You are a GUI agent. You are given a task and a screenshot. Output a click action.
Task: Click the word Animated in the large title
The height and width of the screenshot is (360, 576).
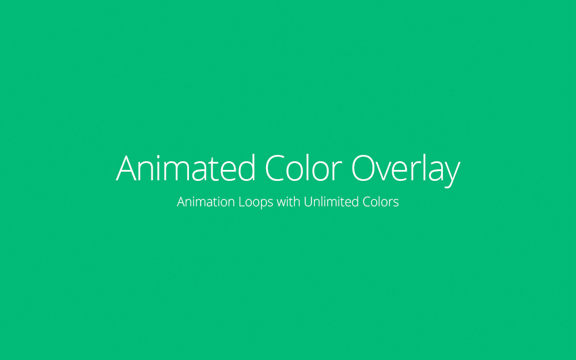[185, 168]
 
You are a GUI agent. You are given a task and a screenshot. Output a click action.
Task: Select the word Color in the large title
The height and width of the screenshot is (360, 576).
[304, 168]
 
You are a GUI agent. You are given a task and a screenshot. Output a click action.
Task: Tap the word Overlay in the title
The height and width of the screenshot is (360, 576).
[406, 171]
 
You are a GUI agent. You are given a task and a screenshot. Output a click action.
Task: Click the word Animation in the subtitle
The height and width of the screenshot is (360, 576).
[206, 202]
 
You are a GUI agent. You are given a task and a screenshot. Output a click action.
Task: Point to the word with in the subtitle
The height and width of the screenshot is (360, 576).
[289, 201]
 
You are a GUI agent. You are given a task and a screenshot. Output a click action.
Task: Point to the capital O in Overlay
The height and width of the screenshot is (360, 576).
[364, 168]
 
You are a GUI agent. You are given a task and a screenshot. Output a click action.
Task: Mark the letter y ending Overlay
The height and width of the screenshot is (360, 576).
[451, 175]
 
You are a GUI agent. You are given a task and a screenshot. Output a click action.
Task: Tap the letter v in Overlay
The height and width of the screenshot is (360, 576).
[388, 172]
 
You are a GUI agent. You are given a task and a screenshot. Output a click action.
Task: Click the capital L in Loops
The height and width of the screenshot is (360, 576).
[242, 202]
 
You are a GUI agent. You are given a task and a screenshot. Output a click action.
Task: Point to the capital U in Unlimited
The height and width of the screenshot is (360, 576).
[308, 202]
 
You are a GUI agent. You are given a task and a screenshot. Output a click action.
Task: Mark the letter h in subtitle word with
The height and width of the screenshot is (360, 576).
[296, 201]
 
